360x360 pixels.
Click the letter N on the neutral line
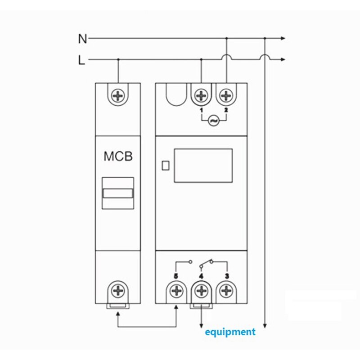tap(82, 39)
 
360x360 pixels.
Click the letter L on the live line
tap(81, 60)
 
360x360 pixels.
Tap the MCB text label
tap(118, 157)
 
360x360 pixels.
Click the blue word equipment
tap(230, 332)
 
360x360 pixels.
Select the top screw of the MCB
tap(118, 96)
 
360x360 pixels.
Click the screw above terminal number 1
tap(201, 96)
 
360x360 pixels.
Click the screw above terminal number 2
tap(226, 96)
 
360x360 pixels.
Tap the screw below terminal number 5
tap(176, 291)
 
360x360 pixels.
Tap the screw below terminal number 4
tap(201, 291)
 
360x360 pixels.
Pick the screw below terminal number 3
tap(226, 291)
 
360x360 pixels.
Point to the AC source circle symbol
tap(213, 121)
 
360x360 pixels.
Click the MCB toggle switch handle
tap(118, 193)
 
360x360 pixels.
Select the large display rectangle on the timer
tap(203, 165)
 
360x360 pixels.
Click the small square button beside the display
tap(165, 165)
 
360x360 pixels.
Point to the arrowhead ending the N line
tap(283, 39)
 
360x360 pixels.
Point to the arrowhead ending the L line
tap(283, 59)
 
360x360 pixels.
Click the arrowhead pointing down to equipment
tap(201, 325)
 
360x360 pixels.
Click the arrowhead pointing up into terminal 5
tap(176, 307)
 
